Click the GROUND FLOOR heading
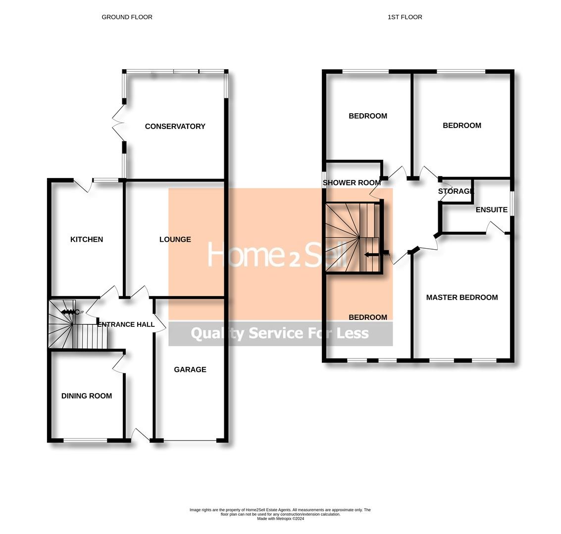[x=127, y=17]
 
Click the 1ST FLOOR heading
[x=405, y=17]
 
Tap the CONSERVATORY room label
[x=175, y=127]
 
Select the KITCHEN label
[x=87, y=239]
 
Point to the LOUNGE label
[x=175, y=239]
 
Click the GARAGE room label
[x=190, y=369]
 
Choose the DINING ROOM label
[x=87, y=396]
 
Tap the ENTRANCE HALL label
[x=126, y=324]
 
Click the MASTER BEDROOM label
[x=461, y=297]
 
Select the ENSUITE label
[x=491, y=210]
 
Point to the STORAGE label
[x=456, y=191]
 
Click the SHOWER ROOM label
[x=352, y=182]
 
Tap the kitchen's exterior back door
[x=83, y=185]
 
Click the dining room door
[x=119, y=364]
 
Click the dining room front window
[x=85, y=440]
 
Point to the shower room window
[x=324, y=179]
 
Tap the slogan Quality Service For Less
[x=280, y=333]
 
